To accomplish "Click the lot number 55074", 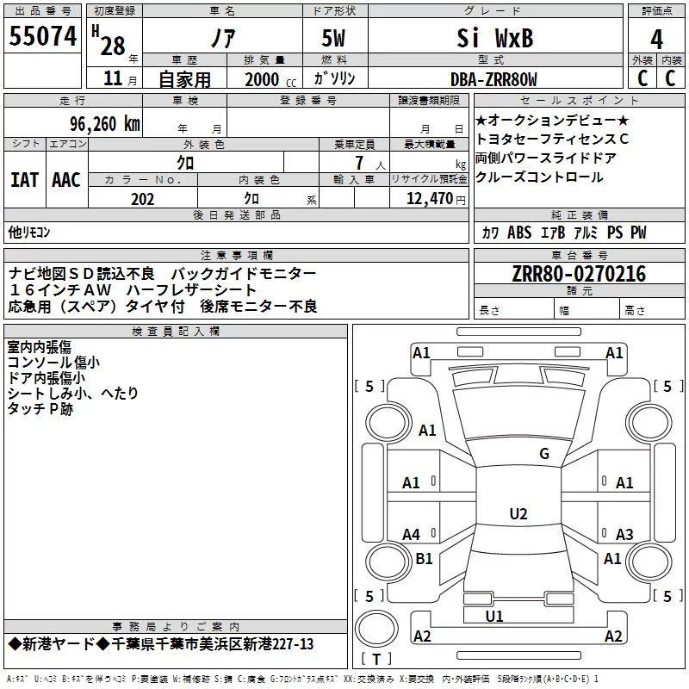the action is tap(43, 37).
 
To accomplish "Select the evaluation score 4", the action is tap(657, 39).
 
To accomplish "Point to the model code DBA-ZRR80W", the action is tap(493, 79).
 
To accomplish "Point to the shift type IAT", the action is tap(24, 179).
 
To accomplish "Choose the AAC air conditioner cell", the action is tap(66, 179).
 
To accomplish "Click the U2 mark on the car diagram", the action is tap(518, 514).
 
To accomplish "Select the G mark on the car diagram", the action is tap(543, 454).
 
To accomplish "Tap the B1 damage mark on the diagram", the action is tap(424, 559).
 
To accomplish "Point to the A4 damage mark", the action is tap(412, 535).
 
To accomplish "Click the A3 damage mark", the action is tap(624, 535).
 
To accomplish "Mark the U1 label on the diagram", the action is tap(493, 616).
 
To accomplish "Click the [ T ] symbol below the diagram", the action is tap(376, 660).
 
